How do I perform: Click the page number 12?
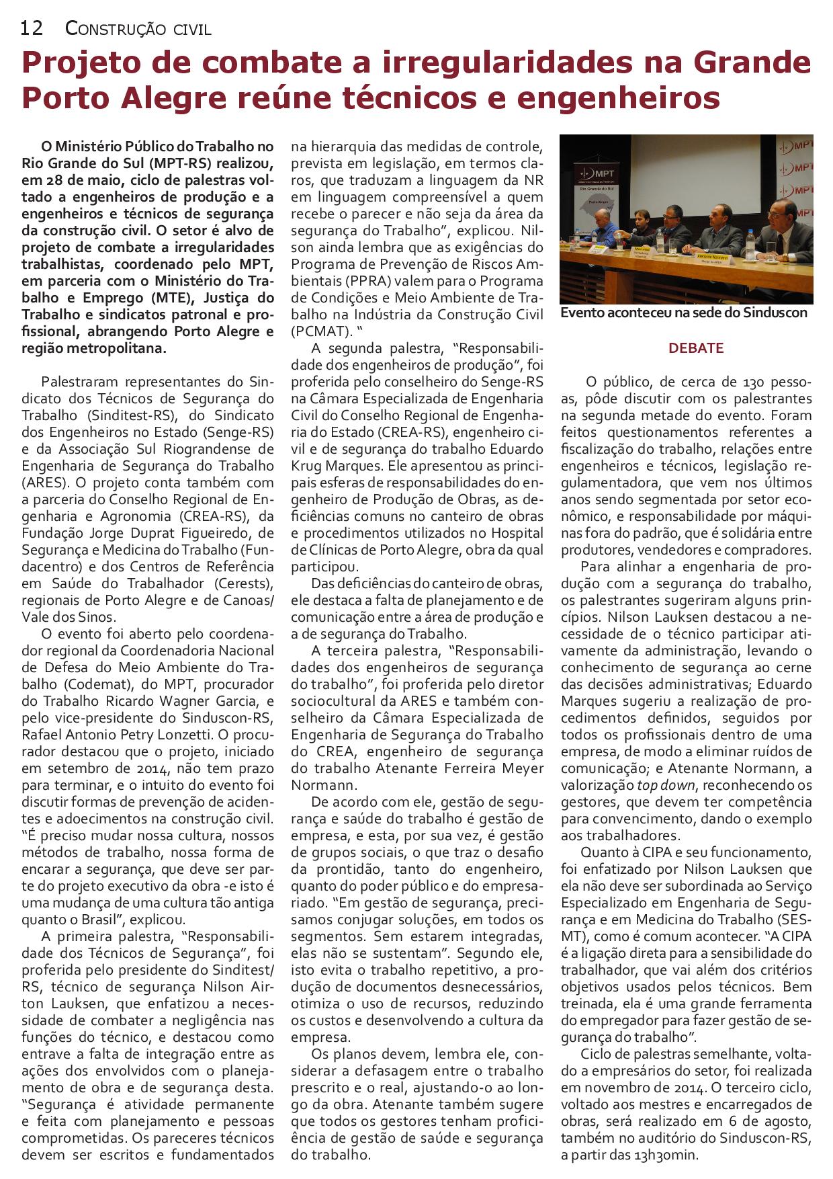[32, 28]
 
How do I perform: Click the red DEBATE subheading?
[686, 348]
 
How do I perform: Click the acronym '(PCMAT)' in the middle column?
[321, 331]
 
